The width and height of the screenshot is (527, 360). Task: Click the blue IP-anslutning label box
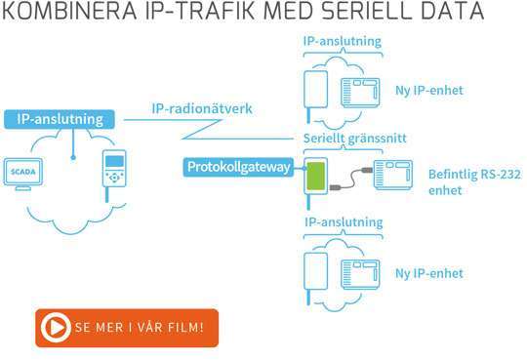(x=60, y=119)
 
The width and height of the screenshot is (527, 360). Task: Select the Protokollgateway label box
(x=237, y=168)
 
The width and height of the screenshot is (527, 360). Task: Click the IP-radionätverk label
(x=202, y=108)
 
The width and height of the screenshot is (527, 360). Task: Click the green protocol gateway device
(x=314, y=178)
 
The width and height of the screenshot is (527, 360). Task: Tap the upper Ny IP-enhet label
(x=430, y=91)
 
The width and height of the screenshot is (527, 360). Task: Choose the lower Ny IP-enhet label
(x=430, y=272)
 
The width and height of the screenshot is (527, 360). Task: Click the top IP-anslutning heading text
(x=342, y=42)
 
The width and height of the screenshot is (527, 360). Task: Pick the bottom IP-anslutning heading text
(x=342, y=222)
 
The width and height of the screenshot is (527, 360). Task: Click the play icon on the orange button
(x=57, y=329)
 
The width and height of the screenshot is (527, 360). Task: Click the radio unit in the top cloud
(x=316, y=90)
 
